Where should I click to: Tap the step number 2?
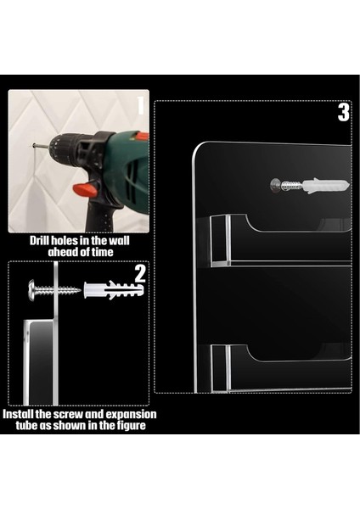point(140,274)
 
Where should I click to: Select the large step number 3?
point(343,112)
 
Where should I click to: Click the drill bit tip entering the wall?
point(34,145)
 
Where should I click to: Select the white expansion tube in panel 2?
point(114,289)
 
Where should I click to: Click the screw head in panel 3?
point(276,185)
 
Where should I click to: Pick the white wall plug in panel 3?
point(326,186)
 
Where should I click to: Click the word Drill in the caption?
point(40,241)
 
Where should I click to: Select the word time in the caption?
point(103,252)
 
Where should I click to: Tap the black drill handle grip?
point(101,215)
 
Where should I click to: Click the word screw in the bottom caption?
point(68,415)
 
